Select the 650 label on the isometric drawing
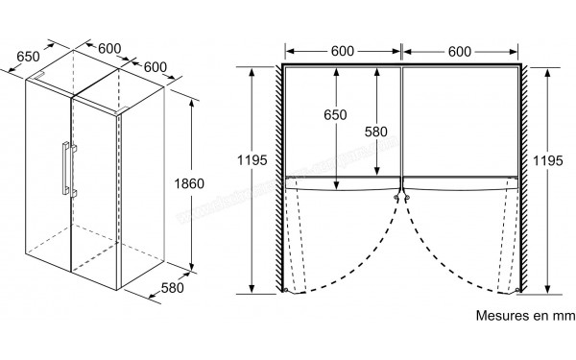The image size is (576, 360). [28, 57]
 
